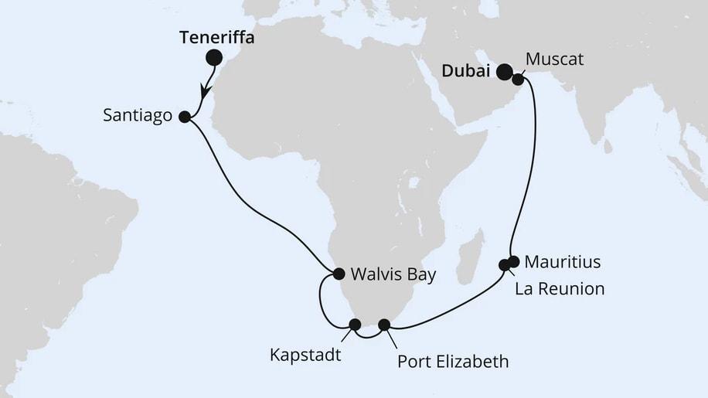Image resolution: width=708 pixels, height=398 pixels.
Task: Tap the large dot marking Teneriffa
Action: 213,57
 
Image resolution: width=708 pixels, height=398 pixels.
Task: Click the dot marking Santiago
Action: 184,117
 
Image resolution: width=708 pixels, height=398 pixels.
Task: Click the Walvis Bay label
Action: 393,274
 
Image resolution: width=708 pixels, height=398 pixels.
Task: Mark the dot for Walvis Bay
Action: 339,273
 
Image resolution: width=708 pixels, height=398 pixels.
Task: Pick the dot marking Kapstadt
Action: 356,325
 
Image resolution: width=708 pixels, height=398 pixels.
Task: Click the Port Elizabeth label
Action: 452,360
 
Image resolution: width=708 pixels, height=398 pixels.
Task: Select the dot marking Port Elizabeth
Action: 384,325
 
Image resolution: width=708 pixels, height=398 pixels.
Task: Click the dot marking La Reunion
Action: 505,265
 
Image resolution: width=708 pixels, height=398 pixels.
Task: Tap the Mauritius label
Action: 562,262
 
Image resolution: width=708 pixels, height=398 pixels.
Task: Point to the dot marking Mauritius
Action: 514,261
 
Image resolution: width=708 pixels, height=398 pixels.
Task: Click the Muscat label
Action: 554,59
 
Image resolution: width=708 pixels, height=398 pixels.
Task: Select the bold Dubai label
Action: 467,71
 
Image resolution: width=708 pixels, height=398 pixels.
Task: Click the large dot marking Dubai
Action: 504,73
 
